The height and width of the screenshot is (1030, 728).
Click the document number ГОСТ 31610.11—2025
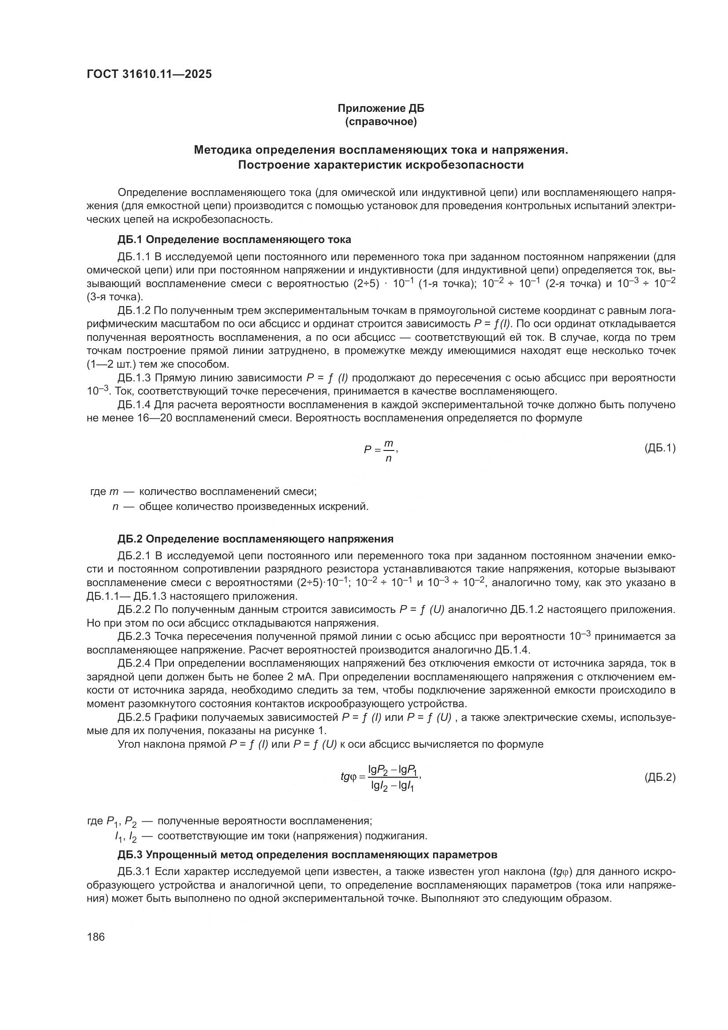[x=149, y=74]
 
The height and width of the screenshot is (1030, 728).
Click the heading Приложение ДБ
[x=381, y=108]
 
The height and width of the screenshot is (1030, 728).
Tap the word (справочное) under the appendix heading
[x=381, y=122]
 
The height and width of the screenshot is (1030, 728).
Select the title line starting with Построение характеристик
[x=381, y=165]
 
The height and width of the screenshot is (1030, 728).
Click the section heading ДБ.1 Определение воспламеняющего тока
[x=235, y=240]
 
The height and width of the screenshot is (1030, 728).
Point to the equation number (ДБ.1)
[x=659, y=447]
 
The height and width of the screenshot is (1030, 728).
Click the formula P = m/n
[x=381, y=450]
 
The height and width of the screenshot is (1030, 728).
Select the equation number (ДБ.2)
[x=659, y=777]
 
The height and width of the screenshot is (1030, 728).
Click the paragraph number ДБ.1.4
[x=134, y=405]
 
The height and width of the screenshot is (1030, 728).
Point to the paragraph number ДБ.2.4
[x=134, y=664]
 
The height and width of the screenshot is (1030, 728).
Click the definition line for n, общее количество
[x=240, y=507]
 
